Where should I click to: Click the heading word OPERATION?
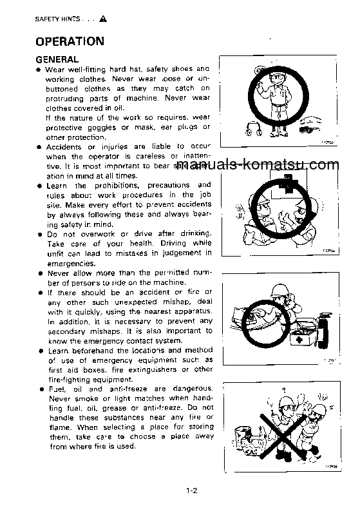click(70, 42)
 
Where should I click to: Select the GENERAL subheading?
click(57, 59)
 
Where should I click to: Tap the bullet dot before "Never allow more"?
click(40, 273)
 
